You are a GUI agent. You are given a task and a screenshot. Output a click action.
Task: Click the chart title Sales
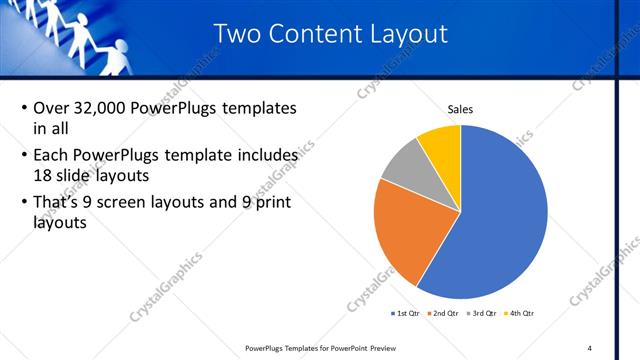tap(460, 109)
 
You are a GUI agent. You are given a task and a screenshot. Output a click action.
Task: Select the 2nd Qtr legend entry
tap(446, 312)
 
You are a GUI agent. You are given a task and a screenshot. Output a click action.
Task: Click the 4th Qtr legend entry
tap(521, 312)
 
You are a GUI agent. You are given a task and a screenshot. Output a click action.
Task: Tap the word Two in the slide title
tap(240, 34)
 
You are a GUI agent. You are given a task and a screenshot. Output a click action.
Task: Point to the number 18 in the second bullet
tap(42, 174)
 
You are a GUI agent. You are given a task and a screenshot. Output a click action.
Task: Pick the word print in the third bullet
tap(271, 201)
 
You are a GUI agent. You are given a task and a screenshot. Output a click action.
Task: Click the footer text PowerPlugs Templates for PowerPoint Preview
tap(319, 348)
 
